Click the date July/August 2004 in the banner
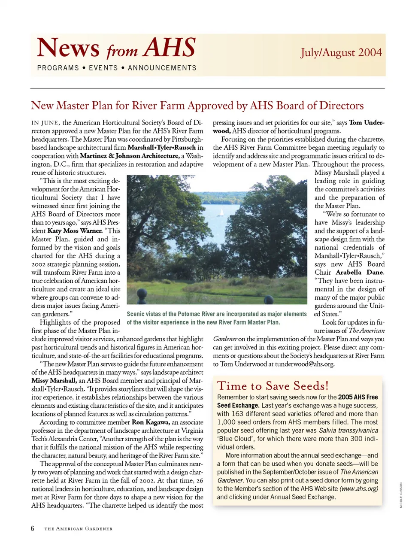(341, 52)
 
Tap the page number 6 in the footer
(33, 528)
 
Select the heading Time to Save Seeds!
(273, 385)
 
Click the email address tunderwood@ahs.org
(304, 364)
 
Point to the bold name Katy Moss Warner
(75, 231)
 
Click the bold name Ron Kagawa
(150, 422)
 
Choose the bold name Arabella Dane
(360, 272)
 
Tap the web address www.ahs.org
(359, 488)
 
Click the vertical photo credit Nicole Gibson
(401, 495)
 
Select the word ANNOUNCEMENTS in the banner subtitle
(162, 68)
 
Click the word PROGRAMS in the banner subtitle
(58, 68)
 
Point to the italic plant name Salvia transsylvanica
(348, 431)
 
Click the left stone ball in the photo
(142, 295)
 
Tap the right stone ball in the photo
(269, 300)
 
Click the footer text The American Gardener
(79, 529)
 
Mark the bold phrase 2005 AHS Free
(358, 397)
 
